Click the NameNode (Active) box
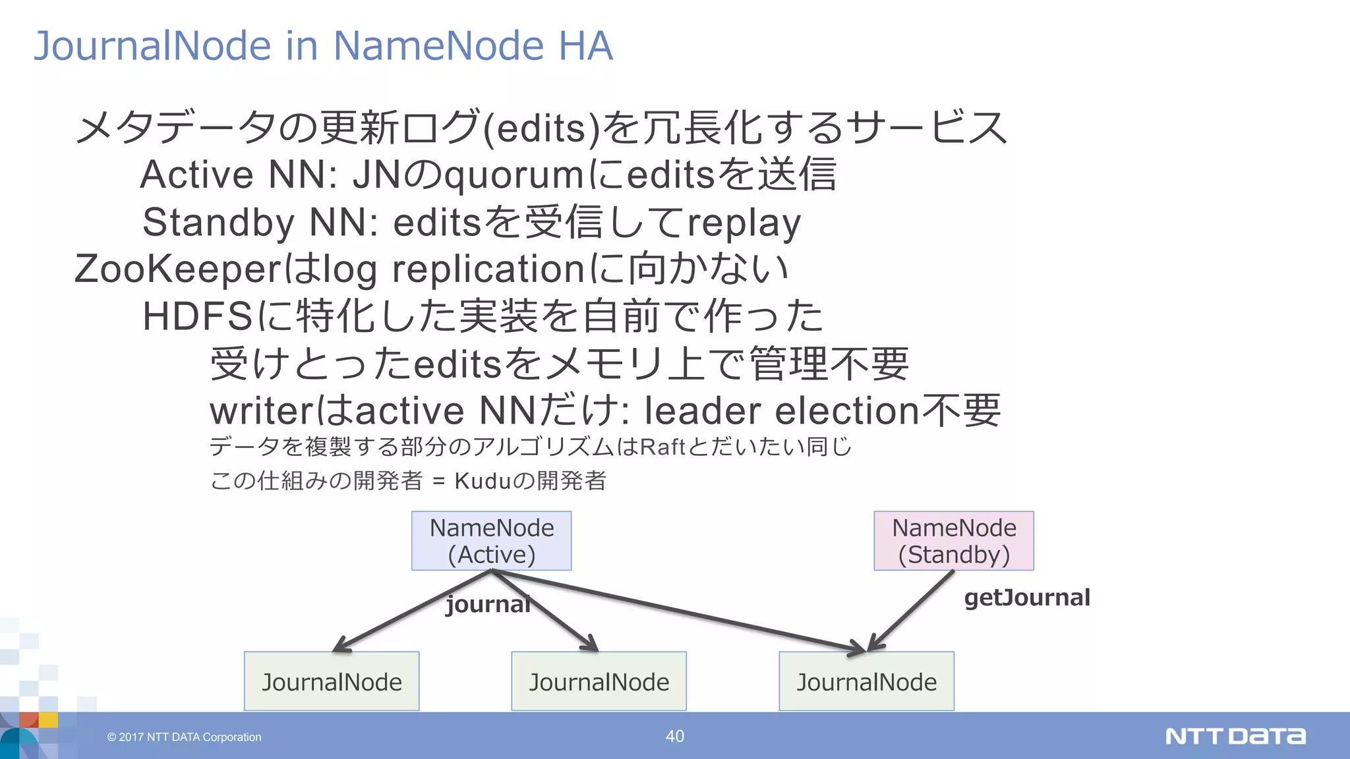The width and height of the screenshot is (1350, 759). (x=491, y=541)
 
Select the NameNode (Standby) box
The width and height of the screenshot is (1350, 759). (x=954, y=541)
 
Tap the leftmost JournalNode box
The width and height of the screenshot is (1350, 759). (x=332, y=681)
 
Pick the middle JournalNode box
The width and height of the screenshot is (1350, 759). (x=599, y=681)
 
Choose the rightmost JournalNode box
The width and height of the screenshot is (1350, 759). (x=866, y=681)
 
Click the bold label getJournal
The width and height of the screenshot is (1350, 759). (x=1027, y=598)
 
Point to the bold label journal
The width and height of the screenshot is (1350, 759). (x=488, y=604)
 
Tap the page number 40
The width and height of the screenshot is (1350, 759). (x=675, y=736)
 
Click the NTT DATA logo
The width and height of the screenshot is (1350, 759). (x=1235, y=736)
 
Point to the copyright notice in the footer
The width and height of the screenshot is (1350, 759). (x=185, y=737)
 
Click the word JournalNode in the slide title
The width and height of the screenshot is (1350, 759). (x=152, y=46)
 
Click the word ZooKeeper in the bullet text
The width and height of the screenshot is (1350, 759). (x=178, y=269)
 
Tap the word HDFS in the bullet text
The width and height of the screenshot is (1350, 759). (x=197, y=316)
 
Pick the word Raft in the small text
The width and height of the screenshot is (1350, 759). (x=663, y=447)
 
